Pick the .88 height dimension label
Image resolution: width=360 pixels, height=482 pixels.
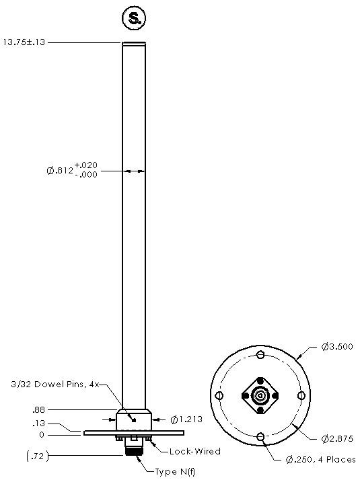click(38, 409)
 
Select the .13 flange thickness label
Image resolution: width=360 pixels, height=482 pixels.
click(38, 424)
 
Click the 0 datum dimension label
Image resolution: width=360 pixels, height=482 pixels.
click(42, 434)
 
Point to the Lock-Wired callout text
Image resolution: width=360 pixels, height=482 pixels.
click(194, 451)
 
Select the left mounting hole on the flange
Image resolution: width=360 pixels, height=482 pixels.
click(219, 397)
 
